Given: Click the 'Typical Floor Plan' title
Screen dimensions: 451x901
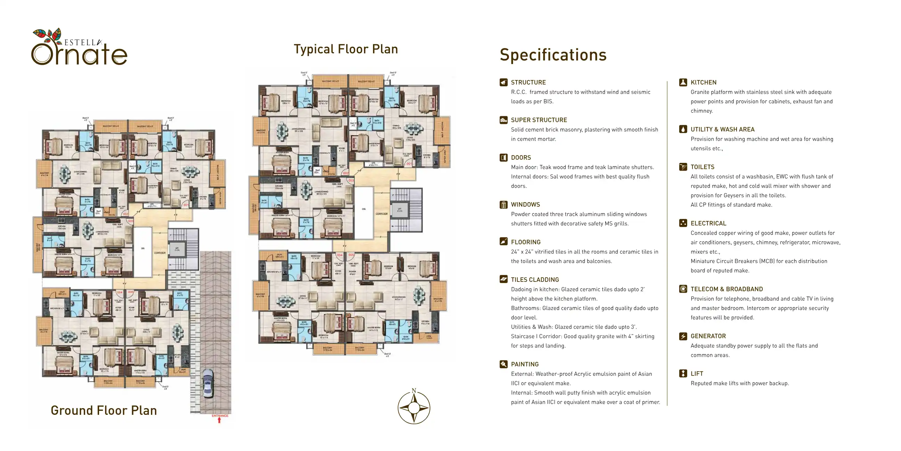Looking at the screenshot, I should pos(346,49).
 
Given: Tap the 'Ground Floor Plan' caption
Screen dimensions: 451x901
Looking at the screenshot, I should pos(104,410).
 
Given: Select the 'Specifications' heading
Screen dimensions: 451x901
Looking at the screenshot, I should pos(553,55).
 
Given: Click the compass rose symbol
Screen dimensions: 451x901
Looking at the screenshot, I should pos(414,408).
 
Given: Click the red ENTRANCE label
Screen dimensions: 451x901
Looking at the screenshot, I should pos(220,416).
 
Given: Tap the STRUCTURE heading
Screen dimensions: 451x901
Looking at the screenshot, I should pos(528,82).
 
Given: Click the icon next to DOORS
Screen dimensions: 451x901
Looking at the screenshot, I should pos(503,158).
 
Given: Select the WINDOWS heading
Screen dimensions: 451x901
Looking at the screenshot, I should pos(525,205).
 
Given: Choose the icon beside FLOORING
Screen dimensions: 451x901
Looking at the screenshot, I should pos(503,242).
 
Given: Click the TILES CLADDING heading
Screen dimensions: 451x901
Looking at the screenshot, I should pos(535,280).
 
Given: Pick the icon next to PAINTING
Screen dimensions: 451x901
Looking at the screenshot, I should pos(503,364).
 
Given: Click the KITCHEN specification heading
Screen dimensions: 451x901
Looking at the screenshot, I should pos(703,82).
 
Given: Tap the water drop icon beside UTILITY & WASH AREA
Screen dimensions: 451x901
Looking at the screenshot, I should pos(683,129).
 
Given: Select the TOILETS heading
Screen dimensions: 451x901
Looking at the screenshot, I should pos(702,167).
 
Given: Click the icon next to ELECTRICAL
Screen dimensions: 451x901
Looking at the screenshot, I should pos(683,223).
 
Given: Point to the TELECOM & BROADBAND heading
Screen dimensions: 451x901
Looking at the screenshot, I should pos(727,289).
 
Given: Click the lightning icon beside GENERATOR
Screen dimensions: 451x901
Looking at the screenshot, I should pos(683,336).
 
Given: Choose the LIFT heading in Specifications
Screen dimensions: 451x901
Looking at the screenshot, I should pos(697,374).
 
